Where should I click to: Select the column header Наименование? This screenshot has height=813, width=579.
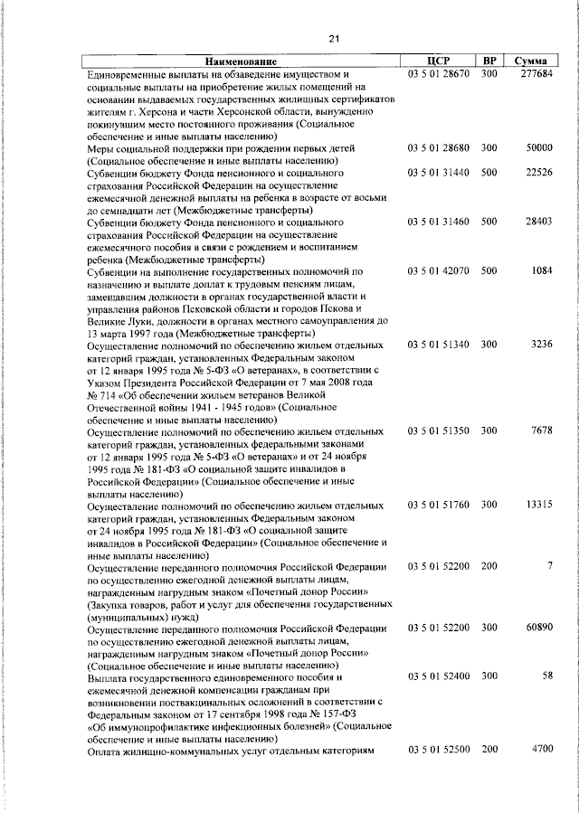coord(242,61)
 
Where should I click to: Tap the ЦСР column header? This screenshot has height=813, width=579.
coord(438,60)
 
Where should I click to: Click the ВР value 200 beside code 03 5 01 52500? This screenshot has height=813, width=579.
coord(489,750)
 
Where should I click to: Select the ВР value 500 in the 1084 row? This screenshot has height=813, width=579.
coord(489,270)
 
